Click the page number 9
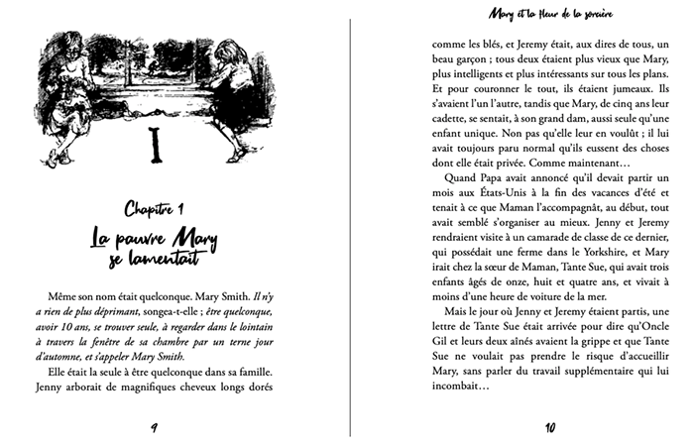pos(154,428)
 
